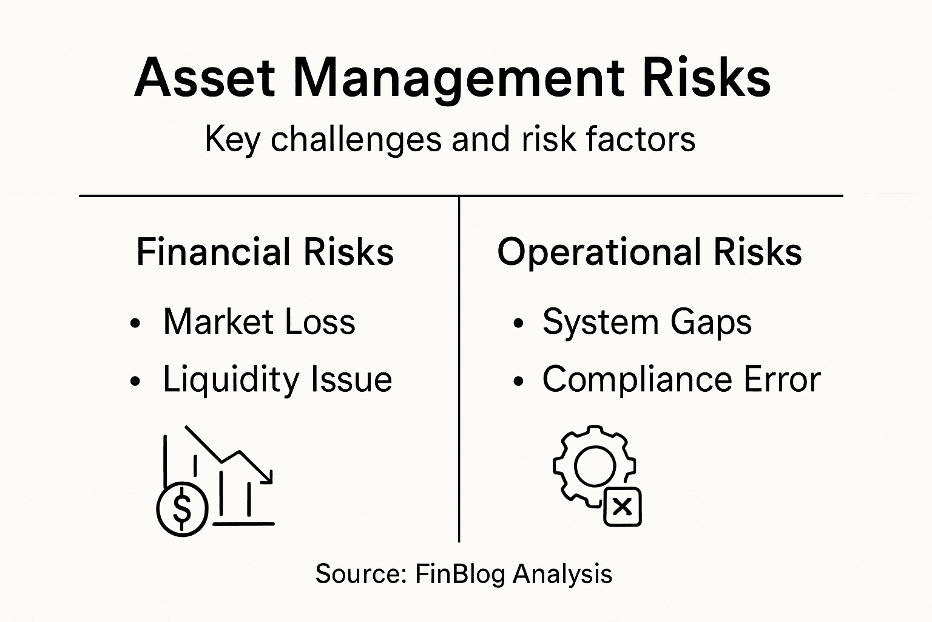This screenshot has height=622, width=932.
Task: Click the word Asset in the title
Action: (204, 78)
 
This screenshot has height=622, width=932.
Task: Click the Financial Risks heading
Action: (265, 251)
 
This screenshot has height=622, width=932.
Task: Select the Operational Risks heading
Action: (649, 251)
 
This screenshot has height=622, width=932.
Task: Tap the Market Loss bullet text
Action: (259, 322)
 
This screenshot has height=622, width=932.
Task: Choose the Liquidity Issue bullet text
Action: (277, 380)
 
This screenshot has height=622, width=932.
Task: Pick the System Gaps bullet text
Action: (647, 322)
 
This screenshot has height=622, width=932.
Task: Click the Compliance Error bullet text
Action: (681, 380)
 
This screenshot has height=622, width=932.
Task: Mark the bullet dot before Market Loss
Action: (135, 324)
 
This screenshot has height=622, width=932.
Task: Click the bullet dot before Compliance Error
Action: (518, 381)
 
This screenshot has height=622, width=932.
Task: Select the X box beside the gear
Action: (623, 506)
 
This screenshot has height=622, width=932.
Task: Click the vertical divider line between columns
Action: (459, 364)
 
